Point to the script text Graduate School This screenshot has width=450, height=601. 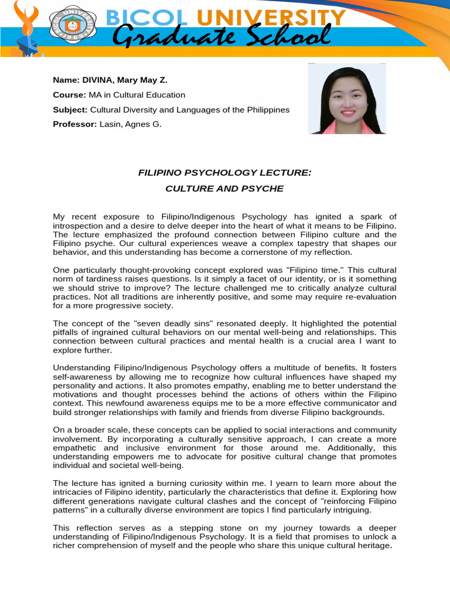221,39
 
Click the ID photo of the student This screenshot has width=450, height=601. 347,99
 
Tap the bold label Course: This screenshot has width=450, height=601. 69,94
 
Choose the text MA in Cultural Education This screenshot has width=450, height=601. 137,94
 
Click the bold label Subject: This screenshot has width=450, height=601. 70,110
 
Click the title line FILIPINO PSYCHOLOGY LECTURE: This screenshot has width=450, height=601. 224,173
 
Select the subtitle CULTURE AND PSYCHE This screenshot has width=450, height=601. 224,188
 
